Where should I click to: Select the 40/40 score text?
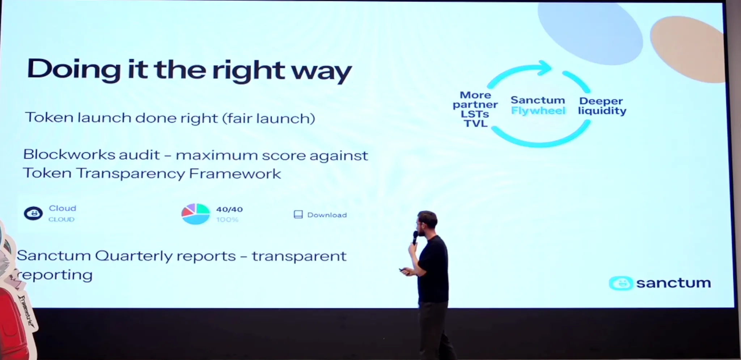click(x=229, y=209)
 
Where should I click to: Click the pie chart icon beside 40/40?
click(x=195, y=214)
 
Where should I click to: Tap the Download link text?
click(x=327, y=215)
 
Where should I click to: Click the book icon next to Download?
click(x=298, y=215)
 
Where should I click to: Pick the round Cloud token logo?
click(x=33, y=213)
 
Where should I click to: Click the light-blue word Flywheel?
click(x=538, y=111)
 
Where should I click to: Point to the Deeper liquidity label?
click(x=602, y=106)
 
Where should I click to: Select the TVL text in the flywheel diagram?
click(x=476, y=124)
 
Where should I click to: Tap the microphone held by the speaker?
click(x=415, y=237)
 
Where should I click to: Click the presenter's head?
click(x=427, y=222)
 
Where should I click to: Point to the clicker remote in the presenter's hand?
click(x=402, y=270)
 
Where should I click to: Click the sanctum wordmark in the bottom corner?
click(x=673, y=283)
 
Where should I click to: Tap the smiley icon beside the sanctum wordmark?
click(x=621, y=283)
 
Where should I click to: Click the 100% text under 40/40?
click(x=227, y=220)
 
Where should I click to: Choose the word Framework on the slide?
click(x=235, y=174)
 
